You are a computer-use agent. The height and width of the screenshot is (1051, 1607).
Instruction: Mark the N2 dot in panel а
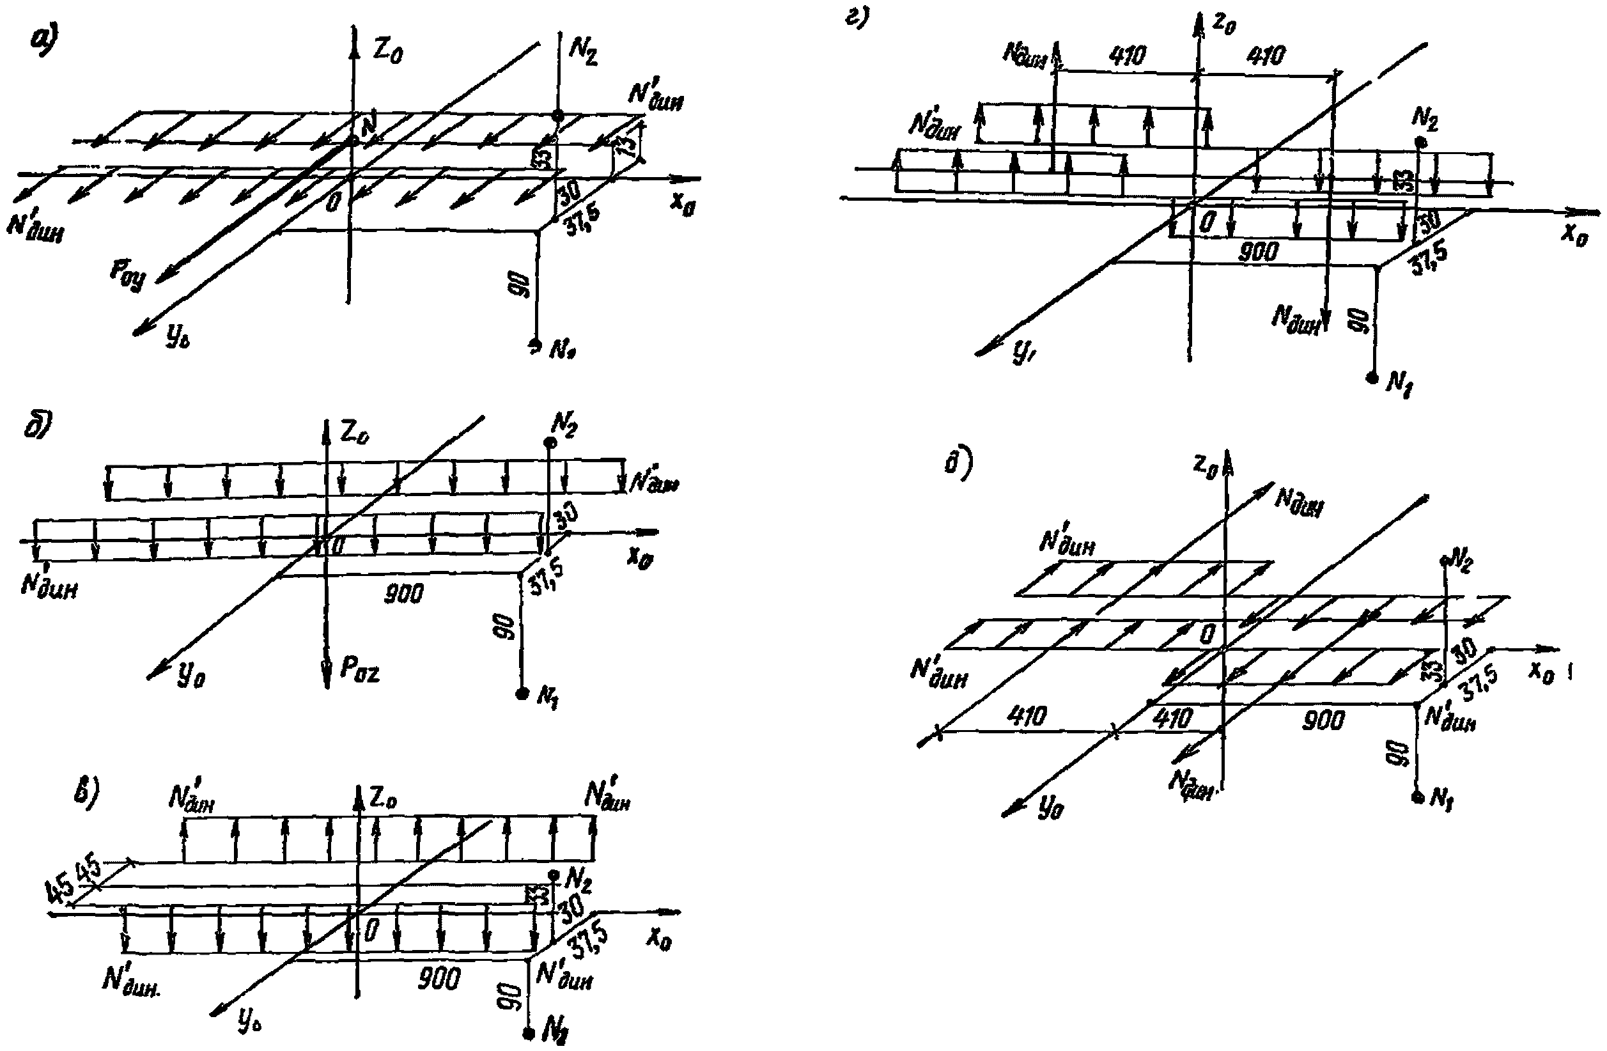[x=559, y=116]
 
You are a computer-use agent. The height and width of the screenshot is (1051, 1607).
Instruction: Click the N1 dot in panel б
[x=521, y=694]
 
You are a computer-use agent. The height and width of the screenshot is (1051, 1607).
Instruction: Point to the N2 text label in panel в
[x=577, y=880]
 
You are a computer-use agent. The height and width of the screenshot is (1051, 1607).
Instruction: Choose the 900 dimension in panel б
[x=404, y=593]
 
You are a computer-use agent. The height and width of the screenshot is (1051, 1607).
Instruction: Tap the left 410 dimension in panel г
[x=1128, y=56]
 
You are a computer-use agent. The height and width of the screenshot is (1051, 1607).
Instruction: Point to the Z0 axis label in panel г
[x=1224, y=24]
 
